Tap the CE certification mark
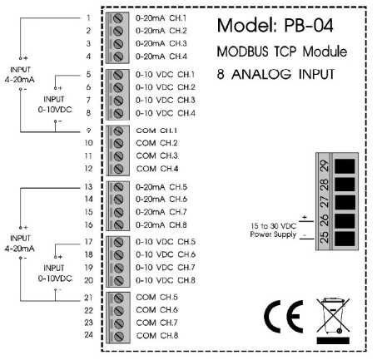click(x=280, y=319)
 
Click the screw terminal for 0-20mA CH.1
click(x=119, y=17)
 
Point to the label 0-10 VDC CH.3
click(x=166, y=100)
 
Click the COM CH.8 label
click(x=158, y=335)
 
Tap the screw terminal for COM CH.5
click(x=119, y=297)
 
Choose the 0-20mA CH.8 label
click(x=162, y=224)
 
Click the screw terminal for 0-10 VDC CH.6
click(x=119, y=254)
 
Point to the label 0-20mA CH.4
click(x=162, y=56)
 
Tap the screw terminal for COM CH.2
click(x=119, y=143)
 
